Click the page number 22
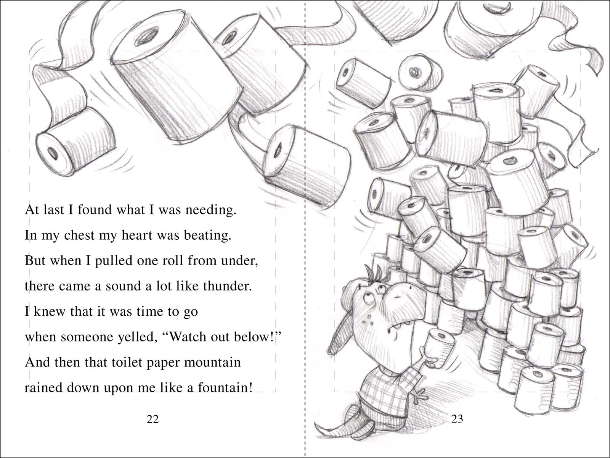(x=152, y=419)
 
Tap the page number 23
(x=457, y=419)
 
